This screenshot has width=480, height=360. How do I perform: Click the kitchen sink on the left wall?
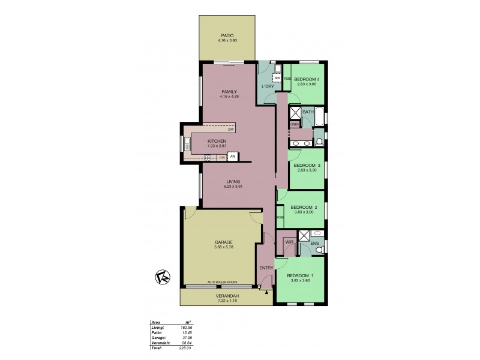pos(187,143)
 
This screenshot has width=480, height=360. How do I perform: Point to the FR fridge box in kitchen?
pos(232,157)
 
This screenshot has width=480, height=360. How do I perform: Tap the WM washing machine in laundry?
pos(278,78)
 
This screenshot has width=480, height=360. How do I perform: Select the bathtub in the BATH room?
pos(319,116)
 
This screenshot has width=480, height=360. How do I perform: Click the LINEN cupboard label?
pos(294,124)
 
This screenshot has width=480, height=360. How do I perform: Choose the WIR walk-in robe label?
pos(289,242)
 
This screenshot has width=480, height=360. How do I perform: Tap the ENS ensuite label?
pos(314,243)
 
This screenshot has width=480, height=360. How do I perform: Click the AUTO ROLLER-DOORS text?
pos(223,281)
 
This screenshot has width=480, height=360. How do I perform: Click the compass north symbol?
pos(161,277)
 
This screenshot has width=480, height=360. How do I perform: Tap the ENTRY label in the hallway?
pos(266,268)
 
